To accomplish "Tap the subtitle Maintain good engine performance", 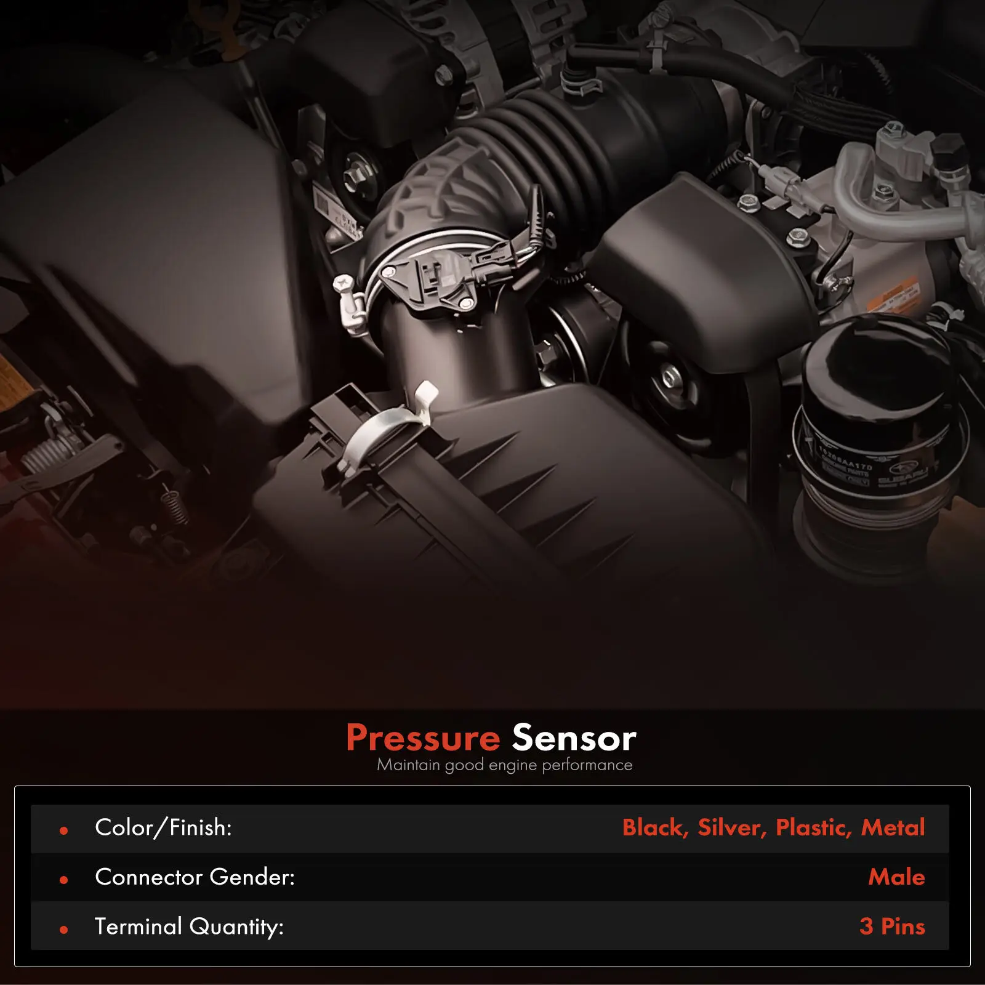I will pos(504,765).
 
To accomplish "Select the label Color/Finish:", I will pos(163,828).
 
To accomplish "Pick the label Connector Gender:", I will pos(195,877).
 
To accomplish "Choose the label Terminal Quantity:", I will pos(188,927).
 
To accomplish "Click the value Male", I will pos(896,877).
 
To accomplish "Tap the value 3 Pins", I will pos(892,927).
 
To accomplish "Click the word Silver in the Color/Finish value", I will pos(731,828).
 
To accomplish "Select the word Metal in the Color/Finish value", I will pos(893,828).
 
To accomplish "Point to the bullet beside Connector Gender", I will pos(63,880).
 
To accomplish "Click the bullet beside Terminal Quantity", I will pos(63,930).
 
